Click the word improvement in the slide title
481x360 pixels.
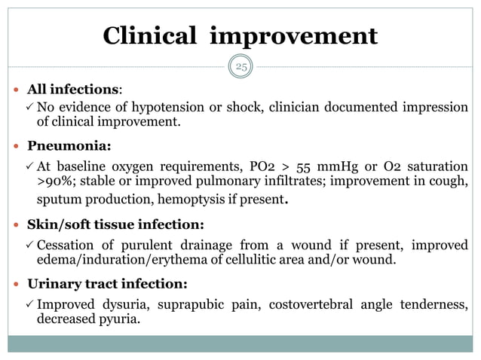tap(293, 35)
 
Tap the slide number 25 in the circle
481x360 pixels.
tap(241, 67)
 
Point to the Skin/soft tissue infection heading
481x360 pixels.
tap(115, 224)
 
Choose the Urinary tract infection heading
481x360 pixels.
tap(107, 284)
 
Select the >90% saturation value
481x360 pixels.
tap(53, 182)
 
